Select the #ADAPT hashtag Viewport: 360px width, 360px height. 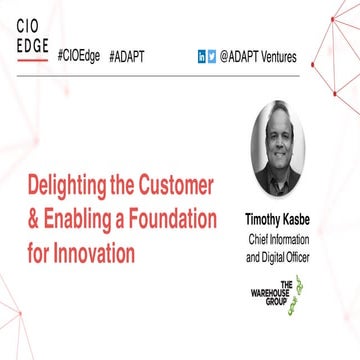tap(128, 57)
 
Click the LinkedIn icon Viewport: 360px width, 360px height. tap(202, 57)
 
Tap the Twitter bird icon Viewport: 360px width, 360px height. tap(212, 57)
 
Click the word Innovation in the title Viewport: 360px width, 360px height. tap(91, 253)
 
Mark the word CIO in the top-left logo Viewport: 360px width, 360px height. tap(27, 25)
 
